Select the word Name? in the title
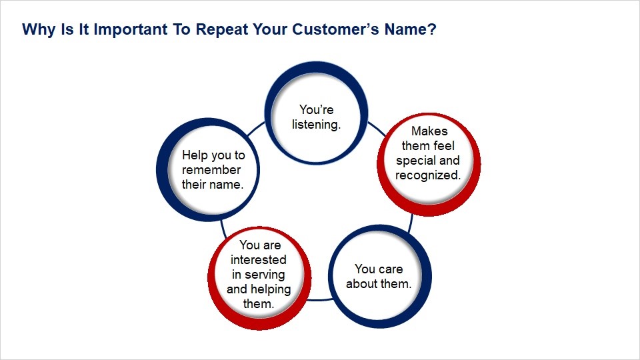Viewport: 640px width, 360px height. pyautogui.click(x=410, y=29)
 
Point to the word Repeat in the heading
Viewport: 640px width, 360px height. pyautogui.click(x=221, y=29)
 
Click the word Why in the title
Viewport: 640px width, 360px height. pyautogui.click(x=39, y=29)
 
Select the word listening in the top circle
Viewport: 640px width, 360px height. pyautogui.click(x=316, y=125)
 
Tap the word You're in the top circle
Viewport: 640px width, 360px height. pyautogui.click(x=316, y=109)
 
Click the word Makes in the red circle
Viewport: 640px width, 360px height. pyautogui.click(x=429, y=131)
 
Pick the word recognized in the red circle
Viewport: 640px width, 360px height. pyautogui.click(x=428, y=175)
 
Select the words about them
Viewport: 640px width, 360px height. pyautogui.click(x=379, y=284)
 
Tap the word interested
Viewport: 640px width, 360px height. pyautogui.click(x=259, y=259)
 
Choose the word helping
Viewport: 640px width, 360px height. pyautogui.click(x=271, y=289)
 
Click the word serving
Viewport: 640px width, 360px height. pyautogui.click(x=265, y=275)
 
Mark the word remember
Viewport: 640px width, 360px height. pyautogui.click(x=211, y=170)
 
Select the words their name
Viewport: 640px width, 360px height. pyautogui.click(x=213, y=185)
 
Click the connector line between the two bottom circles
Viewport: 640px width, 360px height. pyautogui.click(x=320, y=300)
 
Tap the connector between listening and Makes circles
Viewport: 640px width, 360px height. pyautogui.click(x=376, y=129)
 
